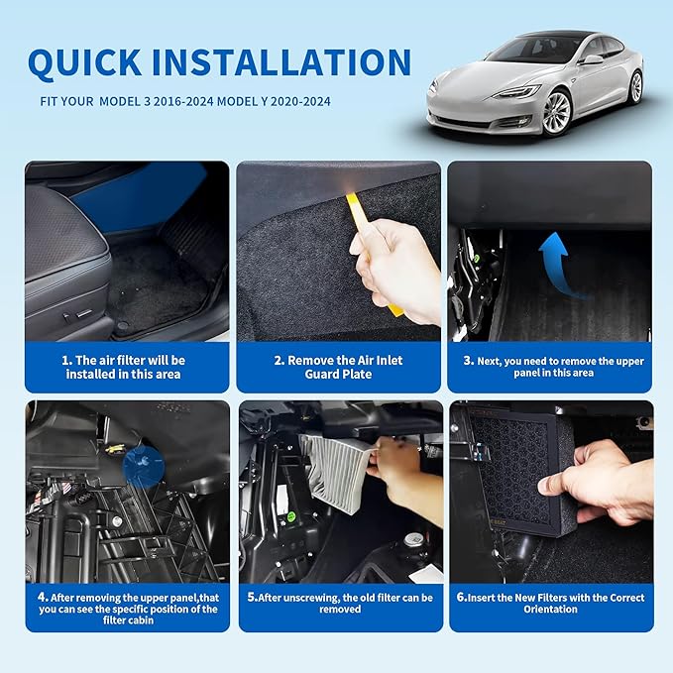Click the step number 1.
click(65, 360)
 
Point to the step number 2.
click(279, 360)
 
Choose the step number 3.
click(467, 361)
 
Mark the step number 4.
click(42, 597)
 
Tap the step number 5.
click(252, 598)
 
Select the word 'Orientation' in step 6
click(550, 610)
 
